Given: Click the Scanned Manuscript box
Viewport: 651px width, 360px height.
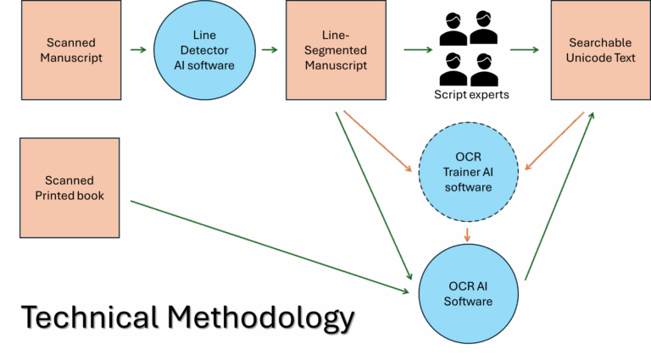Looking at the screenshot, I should click(70, 50).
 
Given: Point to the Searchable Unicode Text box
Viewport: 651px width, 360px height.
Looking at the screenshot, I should click(600, 50).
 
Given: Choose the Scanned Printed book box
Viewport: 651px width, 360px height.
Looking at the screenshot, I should click(70, 187).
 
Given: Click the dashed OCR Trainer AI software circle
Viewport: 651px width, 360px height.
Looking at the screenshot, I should click(468, 172).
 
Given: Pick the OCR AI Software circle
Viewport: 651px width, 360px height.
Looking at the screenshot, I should click(468, 292).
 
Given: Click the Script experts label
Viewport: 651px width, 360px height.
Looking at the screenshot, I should click(471, 95).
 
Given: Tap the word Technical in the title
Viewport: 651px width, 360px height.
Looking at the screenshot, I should click(88, 318).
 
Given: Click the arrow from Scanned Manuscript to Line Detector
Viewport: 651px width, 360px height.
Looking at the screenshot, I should click(138, 50).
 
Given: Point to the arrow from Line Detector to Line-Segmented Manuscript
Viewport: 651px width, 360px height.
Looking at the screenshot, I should click(270, 50).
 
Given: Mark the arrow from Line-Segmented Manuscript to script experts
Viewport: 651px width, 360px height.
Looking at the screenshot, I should click(417, 50).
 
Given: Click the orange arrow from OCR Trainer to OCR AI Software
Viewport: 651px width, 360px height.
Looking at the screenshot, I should click(468, 233).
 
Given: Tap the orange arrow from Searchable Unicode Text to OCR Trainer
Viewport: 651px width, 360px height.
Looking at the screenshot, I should click(555, 141).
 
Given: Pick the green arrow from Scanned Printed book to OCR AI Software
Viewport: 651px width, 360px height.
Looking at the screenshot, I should click(271, 241).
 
